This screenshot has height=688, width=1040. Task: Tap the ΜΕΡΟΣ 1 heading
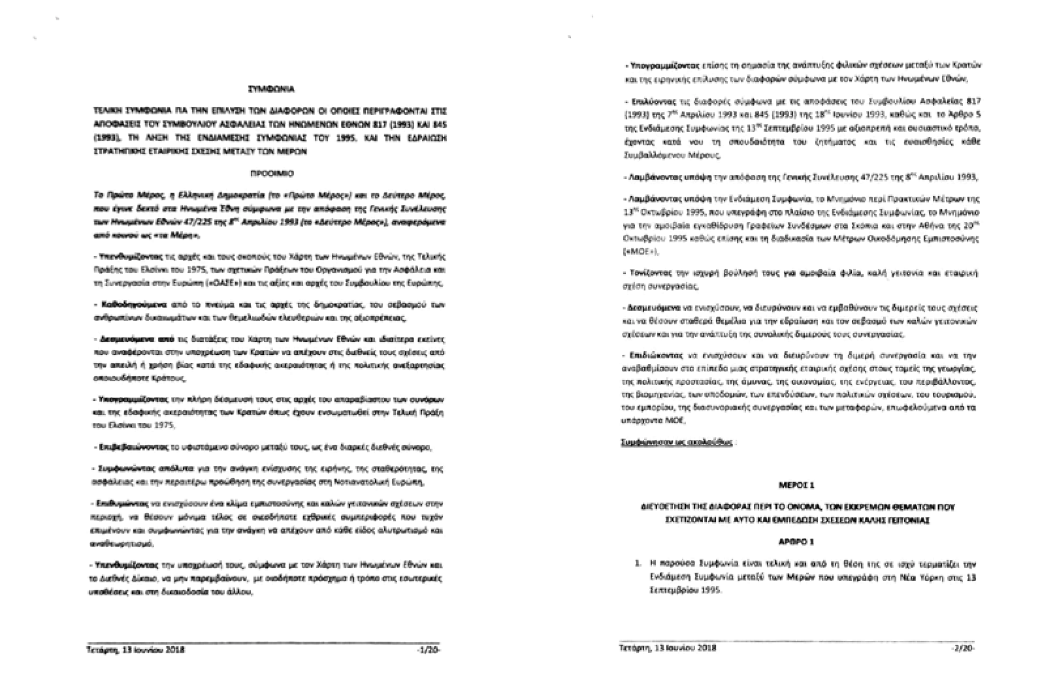coord(796,486)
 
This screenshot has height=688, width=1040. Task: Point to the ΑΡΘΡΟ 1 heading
coord(796,542)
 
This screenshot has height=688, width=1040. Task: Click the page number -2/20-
coord(964,648)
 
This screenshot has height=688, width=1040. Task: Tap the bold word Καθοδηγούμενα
coord(124,304)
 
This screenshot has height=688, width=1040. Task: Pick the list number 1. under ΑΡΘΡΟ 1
coord(638,563)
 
